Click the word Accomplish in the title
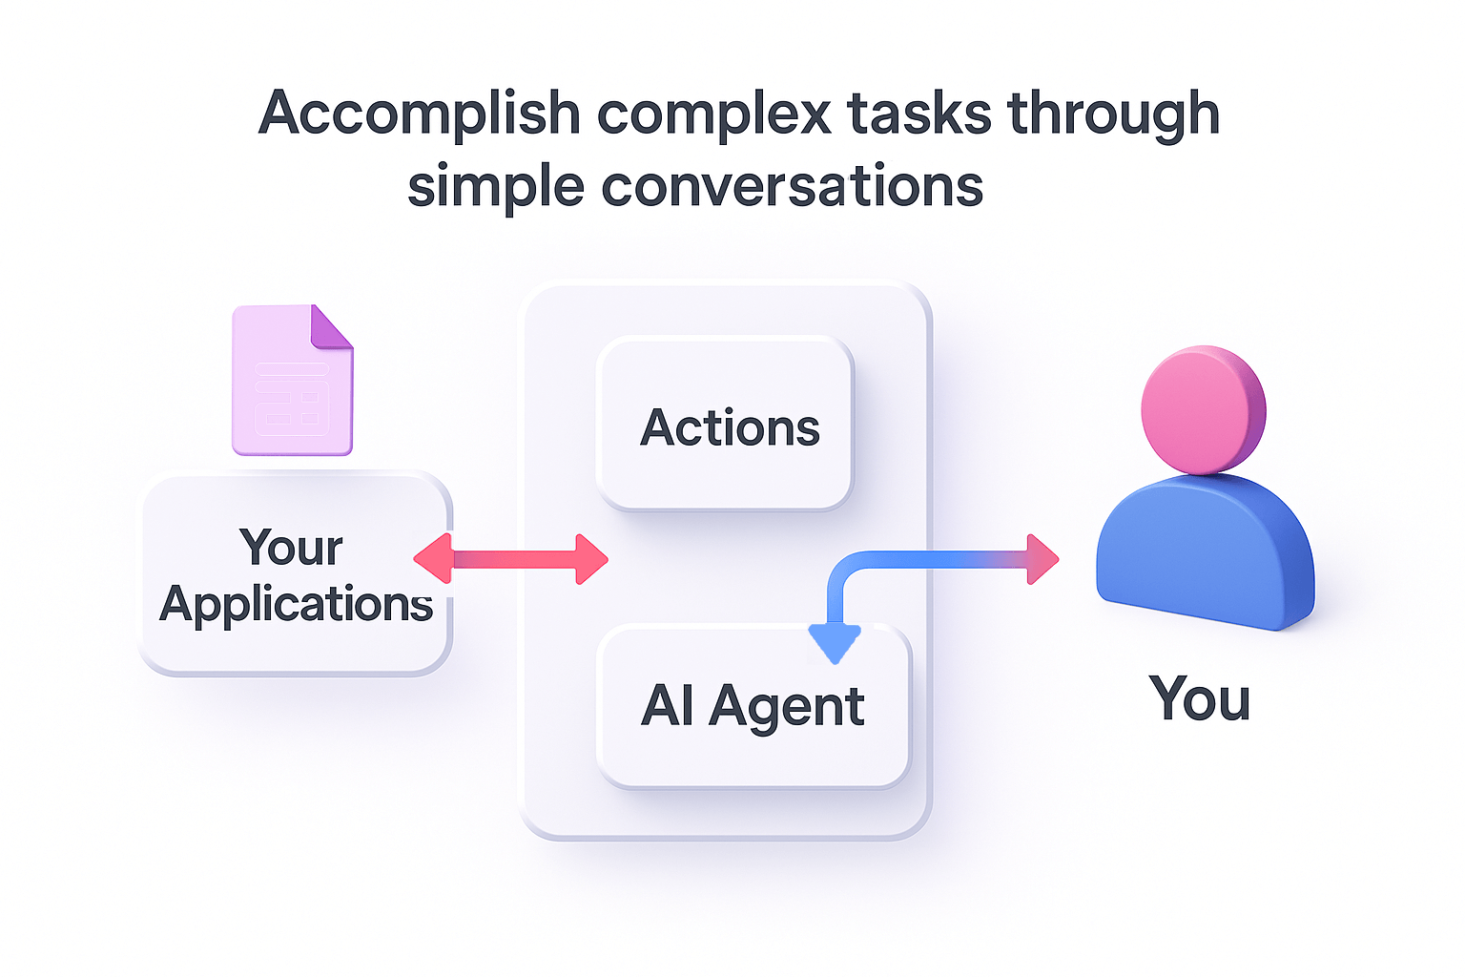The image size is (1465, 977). pyautogui.click(x=419, y=114)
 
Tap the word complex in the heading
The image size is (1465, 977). pyautogui.click(x=714, y=114)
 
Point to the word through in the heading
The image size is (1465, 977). pyautogui.click(x=1114, y=114)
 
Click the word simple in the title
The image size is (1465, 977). pyautogui.click(x=495, y=186)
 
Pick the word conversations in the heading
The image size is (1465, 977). pyautogui.click(x=792, y=186)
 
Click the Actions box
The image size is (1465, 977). pyautogui.click(x=725, y=426)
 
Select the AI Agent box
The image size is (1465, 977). pyautogui.click(x=753, y=707)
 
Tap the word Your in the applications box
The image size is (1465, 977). pyautogui.click(x=291, y=548)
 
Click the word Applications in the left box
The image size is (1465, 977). pyautogui.click(x=296, y=604)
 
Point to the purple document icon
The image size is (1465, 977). pyautogui.click(x=292, y=382)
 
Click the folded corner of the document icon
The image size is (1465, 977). pyautogui.click(x=332, y=326)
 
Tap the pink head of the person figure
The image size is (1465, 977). pyautogui.click(x=1203, y=409)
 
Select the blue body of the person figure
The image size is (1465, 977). pyautogui.click(x=1205, y=553)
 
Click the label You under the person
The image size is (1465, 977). pyautogui.click(x=1199, y=699)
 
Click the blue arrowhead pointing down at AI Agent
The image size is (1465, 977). pyautogui.click(x=835, y=644)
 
